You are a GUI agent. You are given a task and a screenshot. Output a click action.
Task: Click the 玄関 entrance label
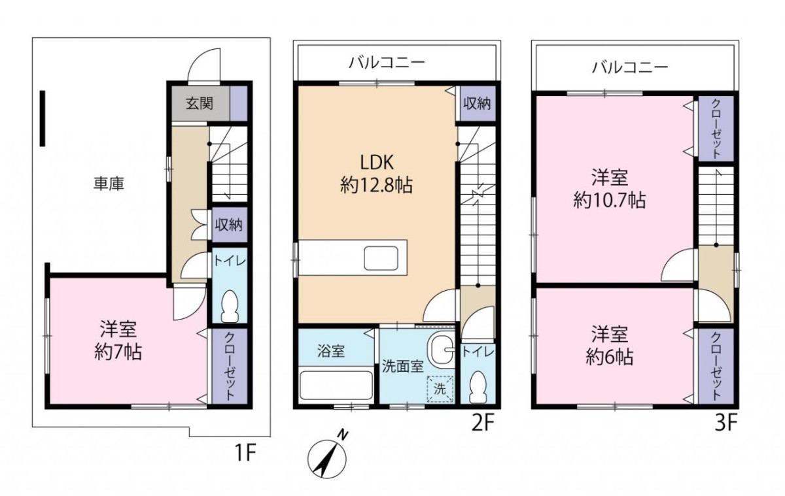coord(200,104)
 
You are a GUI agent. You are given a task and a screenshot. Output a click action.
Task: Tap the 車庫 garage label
coord(109,184)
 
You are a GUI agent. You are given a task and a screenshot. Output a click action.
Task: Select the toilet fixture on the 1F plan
coord(230,306)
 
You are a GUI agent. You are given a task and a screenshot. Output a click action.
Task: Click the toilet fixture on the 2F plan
coord(478,387)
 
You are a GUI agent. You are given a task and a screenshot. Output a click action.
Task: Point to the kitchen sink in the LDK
coord(381,259)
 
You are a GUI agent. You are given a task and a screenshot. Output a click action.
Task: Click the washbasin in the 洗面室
coord(440,350)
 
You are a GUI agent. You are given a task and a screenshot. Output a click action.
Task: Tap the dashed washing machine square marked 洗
coord(440,389)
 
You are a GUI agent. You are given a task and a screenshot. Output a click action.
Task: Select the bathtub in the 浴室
coord(336,384)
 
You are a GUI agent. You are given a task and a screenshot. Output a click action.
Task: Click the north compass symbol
coord(327,457)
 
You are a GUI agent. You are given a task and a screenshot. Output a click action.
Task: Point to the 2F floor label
coord(483,424)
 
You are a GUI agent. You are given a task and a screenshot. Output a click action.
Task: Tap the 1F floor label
coord(245,453)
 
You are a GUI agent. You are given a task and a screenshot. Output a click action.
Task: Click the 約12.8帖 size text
coord(376,185)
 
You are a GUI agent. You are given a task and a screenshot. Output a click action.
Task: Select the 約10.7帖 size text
coord(610,201)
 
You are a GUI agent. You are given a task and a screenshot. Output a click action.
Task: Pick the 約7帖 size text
coord(118,352)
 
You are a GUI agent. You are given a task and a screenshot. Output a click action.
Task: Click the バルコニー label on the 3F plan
coord(631,67)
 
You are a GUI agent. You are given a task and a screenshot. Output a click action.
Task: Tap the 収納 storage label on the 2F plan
coord(477,103)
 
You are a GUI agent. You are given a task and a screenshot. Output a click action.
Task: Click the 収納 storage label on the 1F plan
coord(228,225)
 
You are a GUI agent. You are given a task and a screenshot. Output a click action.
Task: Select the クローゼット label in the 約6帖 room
coord(716,367)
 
